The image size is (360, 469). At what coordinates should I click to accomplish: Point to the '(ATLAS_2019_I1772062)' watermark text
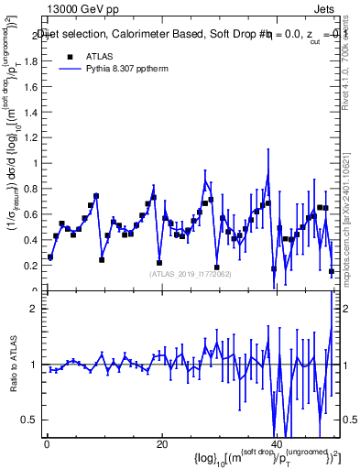tap(191, 273)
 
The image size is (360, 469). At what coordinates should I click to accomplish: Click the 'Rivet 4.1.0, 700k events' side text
tap(352, 64)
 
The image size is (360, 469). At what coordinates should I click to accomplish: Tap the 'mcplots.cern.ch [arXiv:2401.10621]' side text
tap(352, 211)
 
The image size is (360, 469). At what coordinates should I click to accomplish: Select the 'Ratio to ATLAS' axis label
tap(13, 365)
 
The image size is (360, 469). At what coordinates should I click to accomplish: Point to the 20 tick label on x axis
tap(161, 443)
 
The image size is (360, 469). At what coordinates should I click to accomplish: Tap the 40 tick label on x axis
tap(276, 443)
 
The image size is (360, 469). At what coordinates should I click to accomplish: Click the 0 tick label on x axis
tap(47, 443)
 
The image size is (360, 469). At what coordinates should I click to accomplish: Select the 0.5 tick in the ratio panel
tap(33, 420)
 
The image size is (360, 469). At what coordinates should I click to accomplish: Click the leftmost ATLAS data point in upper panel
tap(50, 257)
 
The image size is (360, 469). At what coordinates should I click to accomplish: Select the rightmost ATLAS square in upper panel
tap(332, 271)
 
